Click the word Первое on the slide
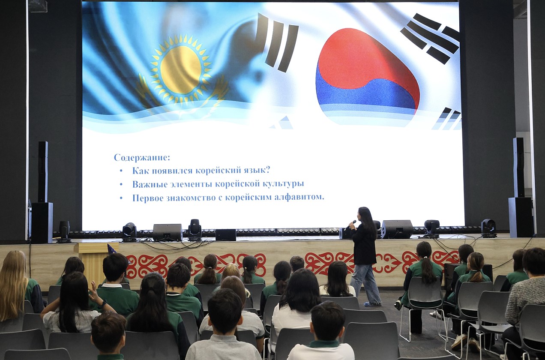(148, 198)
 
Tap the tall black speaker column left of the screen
(43, 171)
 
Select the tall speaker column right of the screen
(518, 168)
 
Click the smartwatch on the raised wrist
(104, 303)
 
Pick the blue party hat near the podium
(111, 249)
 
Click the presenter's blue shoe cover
(372, 304)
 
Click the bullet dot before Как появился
(121, 171)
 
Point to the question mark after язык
(267, 170)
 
